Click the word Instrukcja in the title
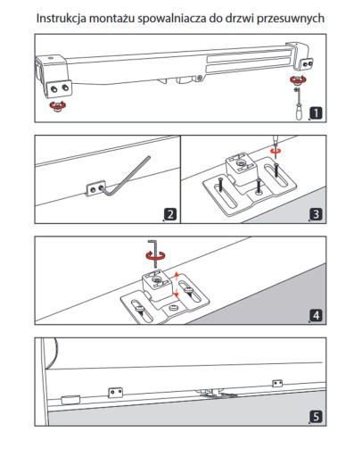click(x=62, y=19)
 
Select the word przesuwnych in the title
click(x=291, y=19)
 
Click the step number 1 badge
click(x=316, y=113)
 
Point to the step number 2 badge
click(x=170, y=214)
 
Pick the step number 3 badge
click(x=316, y=214)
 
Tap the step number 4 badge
click(x=316, y=315)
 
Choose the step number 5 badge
click(x=316, y=417)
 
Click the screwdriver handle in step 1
click(x=299, y=112)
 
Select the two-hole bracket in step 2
click(x=95, y=188)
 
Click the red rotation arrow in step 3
click(x=276, y=151)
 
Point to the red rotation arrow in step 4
click(x=155, y=256)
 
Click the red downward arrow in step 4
click(x=177, y=293)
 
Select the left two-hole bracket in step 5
click(x=115, y=393)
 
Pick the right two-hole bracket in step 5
click(x=277, y=383)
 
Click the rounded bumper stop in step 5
click(x=70, y=399)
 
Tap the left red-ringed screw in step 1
click(x=58, y=105)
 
